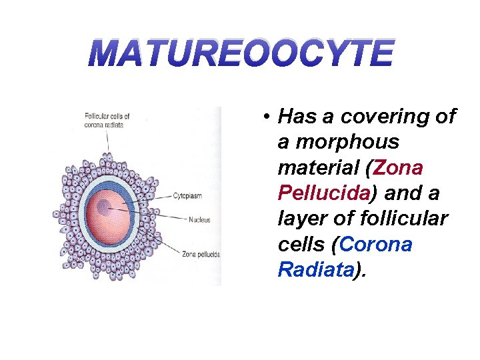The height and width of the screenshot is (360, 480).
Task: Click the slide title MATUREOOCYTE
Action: click(x=241, y=54)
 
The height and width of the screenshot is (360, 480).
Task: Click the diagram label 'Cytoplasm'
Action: click(x=188, y=196)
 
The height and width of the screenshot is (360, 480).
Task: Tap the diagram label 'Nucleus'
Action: click(x=199, y=219)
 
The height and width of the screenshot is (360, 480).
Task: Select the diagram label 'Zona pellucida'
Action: click(x=200, y=253)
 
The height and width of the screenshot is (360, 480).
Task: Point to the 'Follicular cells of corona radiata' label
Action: click(x=107, y=120)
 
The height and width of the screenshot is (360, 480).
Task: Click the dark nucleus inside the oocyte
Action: click(x=103, y=207)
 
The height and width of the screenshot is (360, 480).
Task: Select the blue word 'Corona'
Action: click(x=376, y=244)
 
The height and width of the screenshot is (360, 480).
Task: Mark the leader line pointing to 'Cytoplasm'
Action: click(x=153, y=196)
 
